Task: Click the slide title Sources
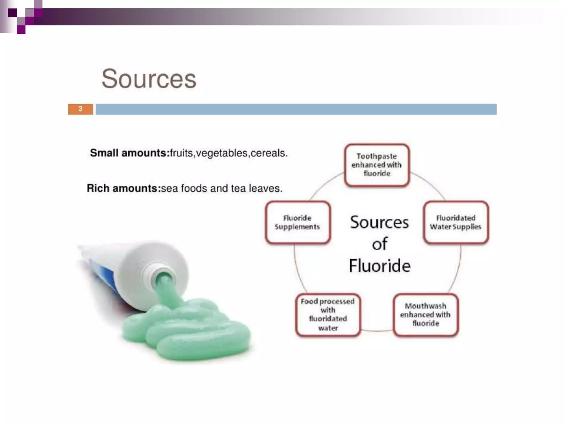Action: pos(149,79)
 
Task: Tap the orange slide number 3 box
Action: pos(80,109)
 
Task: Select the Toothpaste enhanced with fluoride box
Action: pos(377,165)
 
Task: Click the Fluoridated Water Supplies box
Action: pos(455,222)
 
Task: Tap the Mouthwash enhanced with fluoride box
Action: pos(425,315)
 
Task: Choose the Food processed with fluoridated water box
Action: pos(328,315)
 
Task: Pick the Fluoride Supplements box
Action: pos(297,222)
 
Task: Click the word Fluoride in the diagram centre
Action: pos(380,266)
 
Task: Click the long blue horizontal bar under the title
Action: pos(296,109)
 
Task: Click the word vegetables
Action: pos(222,153)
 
